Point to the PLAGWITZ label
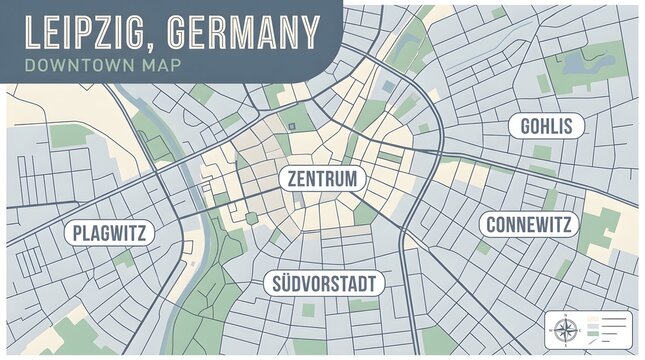[110, 234]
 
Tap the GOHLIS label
[546, 126]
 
